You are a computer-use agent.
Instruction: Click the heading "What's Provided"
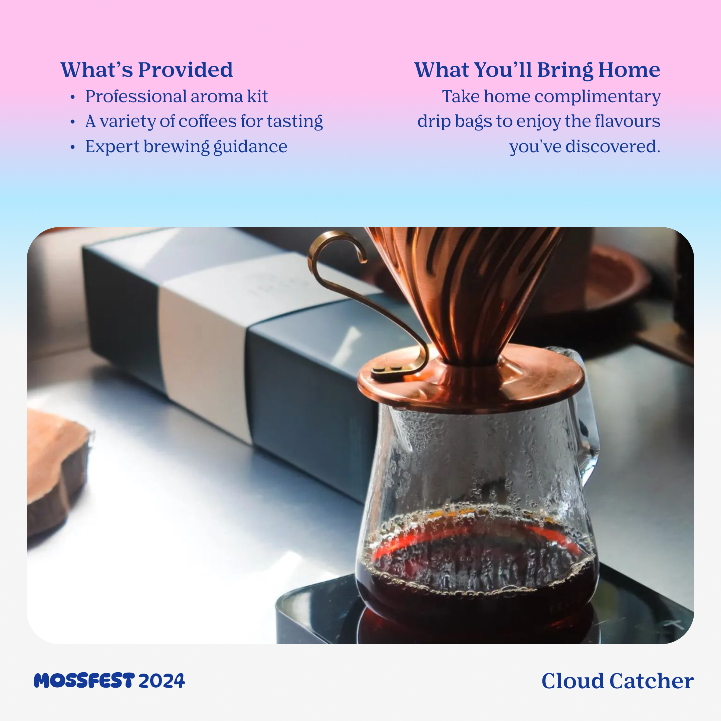147,69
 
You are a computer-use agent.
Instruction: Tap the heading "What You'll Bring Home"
537,70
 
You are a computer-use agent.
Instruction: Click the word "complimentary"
597,97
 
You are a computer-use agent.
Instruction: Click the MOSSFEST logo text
84,681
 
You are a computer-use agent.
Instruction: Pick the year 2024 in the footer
162,681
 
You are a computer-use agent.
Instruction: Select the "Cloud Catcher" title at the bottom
618,681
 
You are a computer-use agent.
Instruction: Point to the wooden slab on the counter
56,470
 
